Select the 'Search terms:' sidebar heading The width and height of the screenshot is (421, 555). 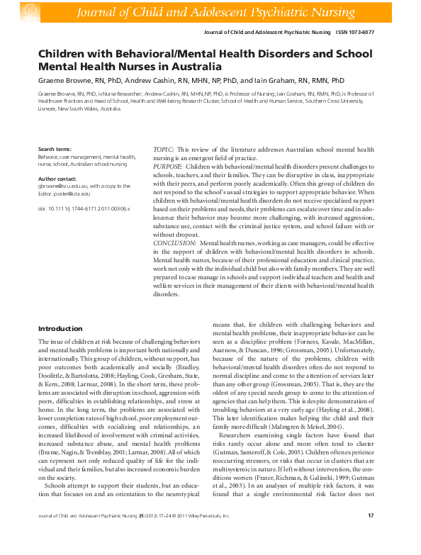coord(55,150)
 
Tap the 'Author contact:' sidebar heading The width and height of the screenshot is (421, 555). coord(57,179)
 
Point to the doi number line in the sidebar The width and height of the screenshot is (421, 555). coord(84,209)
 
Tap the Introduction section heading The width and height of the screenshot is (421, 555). coord(60,329)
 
